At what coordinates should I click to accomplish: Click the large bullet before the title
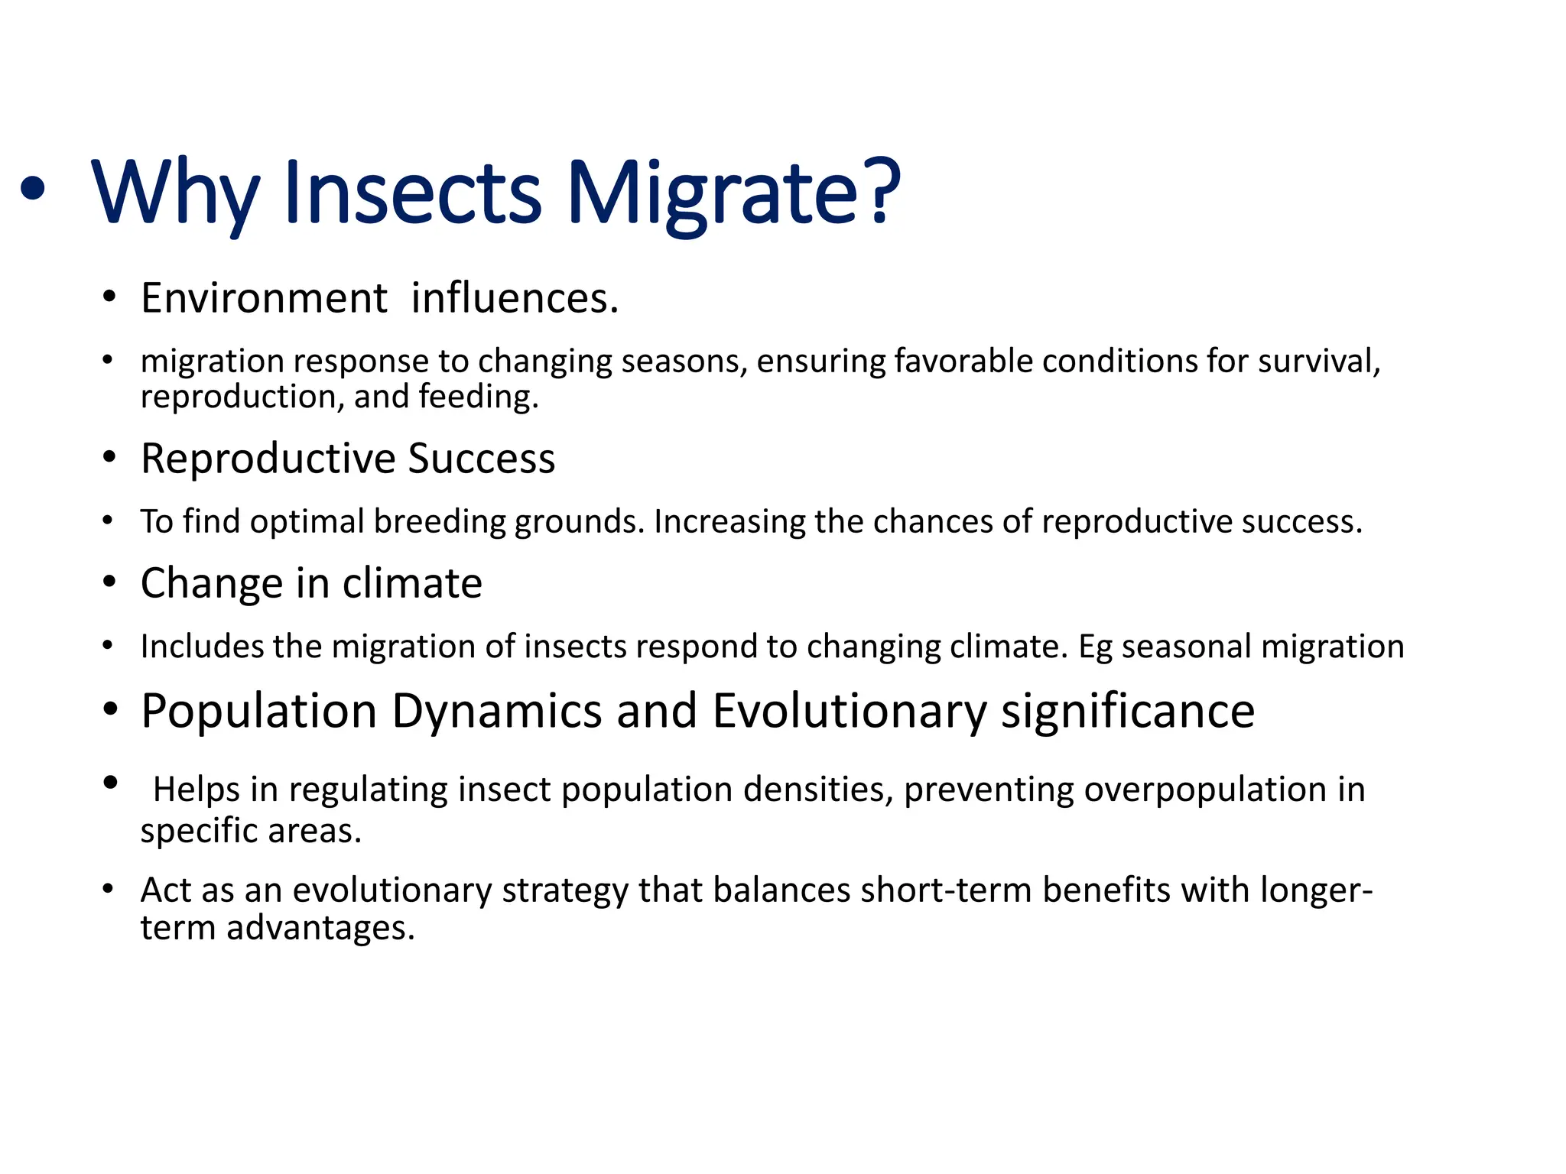tap(32, 189)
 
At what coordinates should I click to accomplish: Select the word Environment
tap(264, 298)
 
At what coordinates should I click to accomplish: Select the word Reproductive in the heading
tap(268, 459)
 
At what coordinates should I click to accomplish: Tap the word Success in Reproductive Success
tap(481, 459)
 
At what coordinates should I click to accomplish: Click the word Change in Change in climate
tap(212, 583)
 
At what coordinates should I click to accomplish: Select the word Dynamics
tap(497, 711)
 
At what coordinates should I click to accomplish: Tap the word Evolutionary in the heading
tap(850, 711)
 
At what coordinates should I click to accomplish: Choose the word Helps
tap(196, 790)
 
